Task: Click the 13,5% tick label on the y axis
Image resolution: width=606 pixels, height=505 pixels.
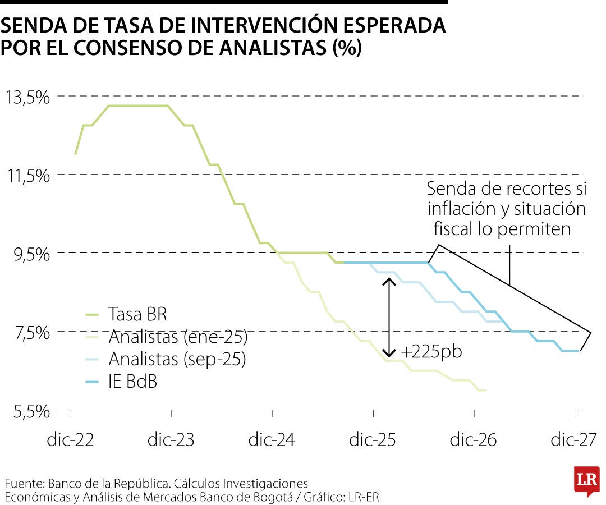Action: [27, 98]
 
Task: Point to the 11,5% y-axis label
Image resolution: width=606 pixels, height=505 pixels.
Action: [27, 176]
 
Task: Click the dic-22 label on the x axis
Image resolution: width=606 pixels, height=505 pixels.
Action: [71, 439]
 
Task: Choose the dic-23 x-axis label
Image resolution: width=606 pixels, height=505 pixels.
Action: [172, 439]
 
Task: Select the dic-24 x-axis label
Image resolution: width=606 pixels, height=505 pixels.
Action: [273, 439]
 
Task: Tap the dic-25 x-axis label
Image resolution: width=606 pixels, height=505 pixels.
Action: [373, 439]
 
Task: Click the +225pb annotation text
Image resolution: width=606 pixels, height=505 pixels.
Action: [431, 352]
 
